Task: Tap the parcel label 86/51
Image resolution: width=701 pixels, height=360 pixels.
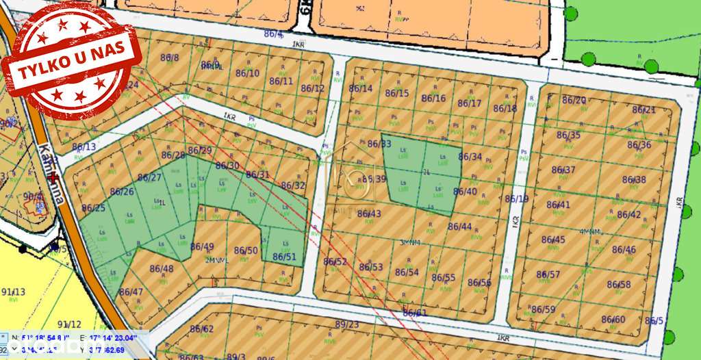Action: click(284, 257)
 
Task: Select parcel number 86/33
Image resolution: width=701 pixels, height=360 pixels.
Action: click(379, 144)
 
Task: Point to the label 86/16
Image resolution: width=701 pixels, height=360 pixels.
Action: click(433, 98)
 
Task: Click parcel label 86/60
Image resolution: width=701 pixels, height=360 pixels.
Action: click(613, 319)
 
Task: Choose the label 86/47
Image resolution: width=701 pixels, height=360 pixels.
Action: click(131, 292)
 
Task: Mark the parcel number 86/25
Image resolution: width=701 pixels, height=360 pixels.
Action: click(94, 207)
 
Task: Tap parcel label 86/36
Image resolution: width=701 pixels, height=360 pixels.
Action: click(639, 145)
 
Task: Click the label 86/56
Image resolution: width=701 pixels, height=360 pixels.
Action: click(479, 282)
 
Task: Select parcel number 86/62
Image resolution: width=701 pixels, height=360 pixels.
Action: click(202, 329)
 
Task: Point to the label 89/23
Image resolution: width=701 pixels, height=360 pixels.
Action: click(347, 324)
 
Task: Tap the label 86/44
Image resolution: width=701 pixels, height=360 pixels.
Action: click(460, 226)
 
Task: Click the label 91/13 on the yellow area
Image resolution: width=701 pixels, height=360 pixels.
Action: click(13, 292)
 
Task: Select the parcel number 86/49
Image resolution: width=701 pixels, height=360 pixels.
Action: click(202, 246)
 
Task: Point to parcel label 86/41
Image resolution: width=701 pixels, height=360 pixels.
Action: click(559, 204)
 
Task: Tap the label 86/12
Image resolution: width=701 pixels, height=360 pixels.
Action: click(312, 88)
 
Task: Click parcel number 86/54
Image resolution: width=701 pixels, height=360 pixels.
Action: click(407, 272)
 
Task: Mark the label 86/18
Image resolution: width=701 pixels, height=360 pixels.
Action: click(505, 108)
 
